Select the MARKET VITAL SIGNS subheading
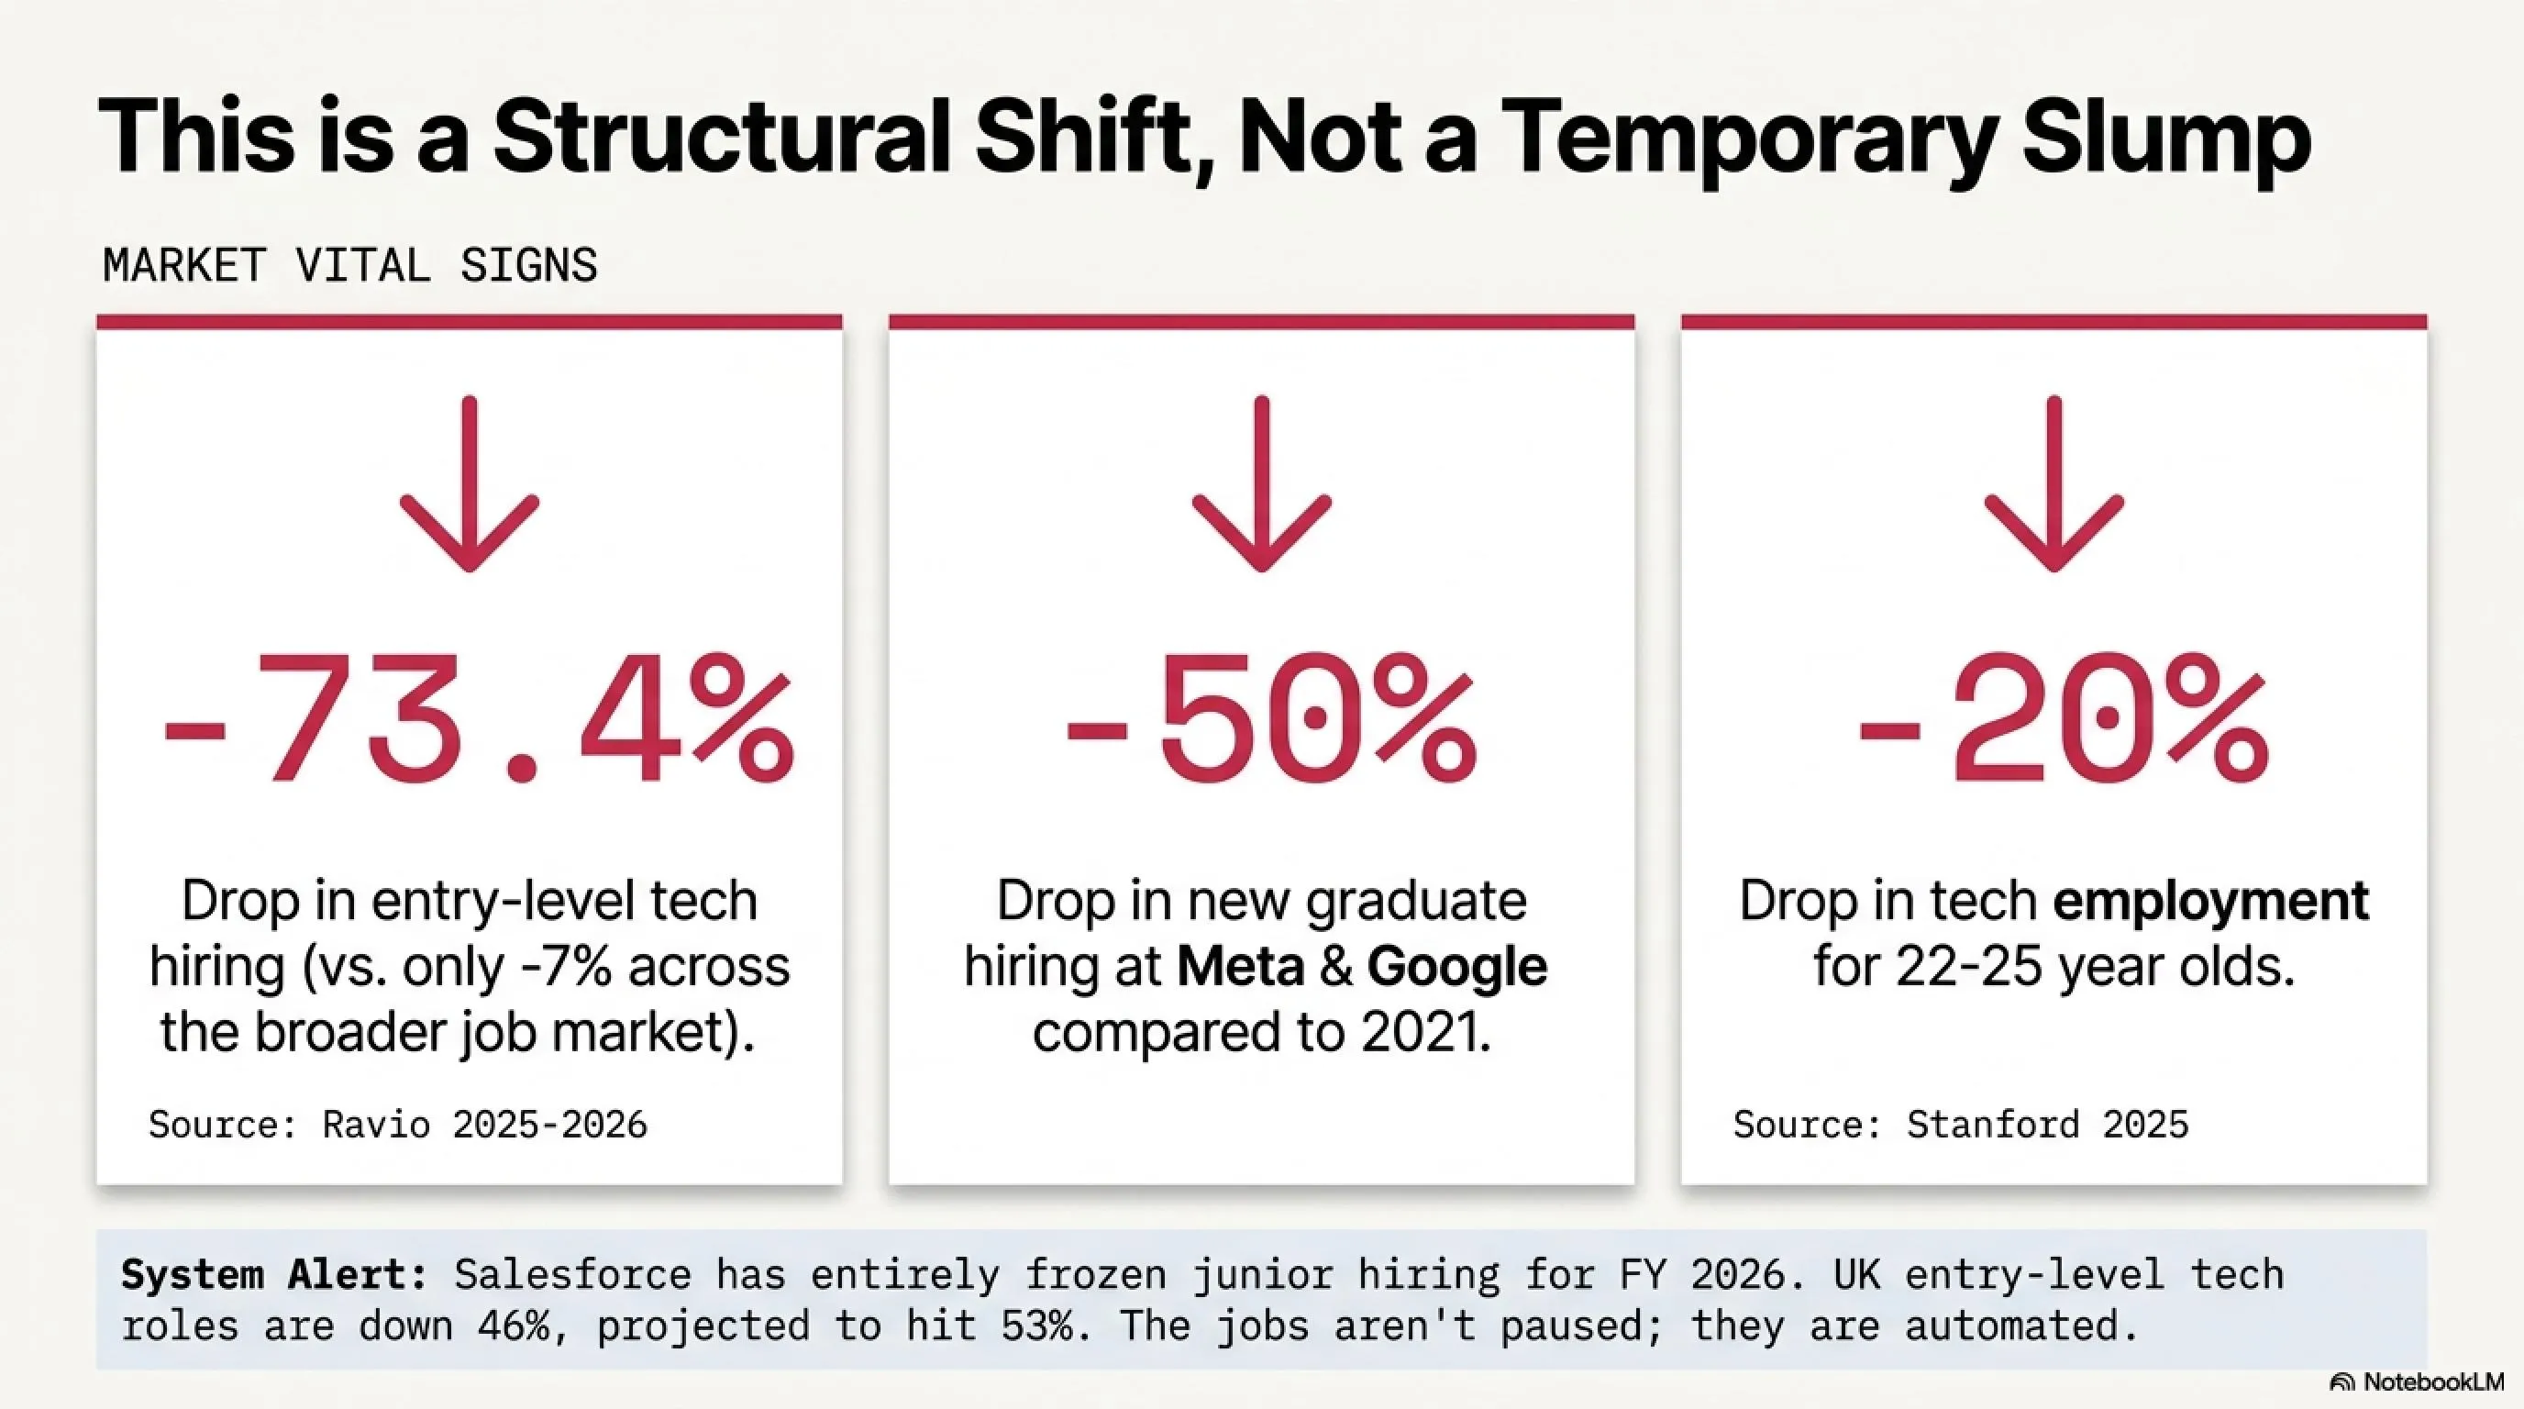349,265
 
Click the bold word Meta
1240,966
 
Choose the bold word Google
1457,966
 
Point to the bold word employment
2210,901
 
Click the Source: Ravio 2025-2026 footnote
398,1124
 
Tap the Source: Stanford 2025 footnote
1961,1124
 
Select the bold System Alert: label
274,1275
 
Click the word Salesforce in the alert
573,1275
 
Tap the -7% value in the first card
566,967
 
